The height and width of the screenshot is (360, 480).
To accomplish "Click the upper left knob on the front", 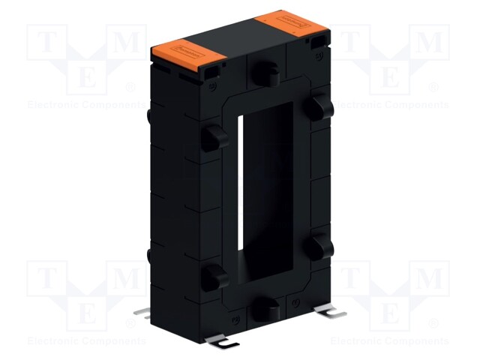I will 212,137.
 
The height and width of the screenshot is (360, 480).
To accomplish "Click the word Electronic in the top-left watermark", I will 52,105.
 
